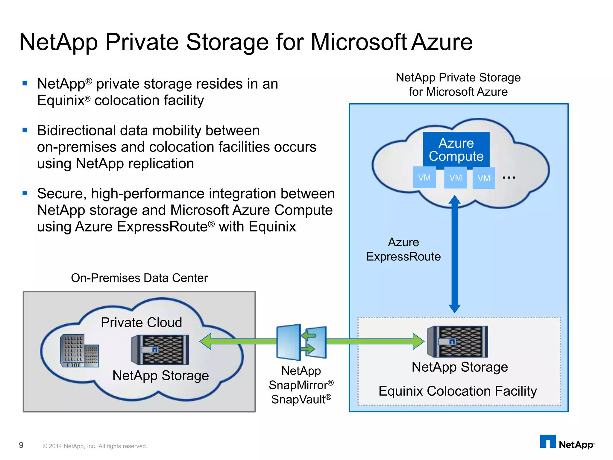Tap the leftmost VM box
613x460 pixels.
[x=424, y=178]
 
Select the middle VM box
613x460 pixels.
[x=455, y=178]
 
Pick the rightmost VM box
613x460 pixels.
[x=484, y=178]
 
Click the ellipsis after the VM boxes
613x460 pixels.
[x=509, y=178]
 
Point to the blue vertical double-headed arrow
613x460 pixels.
[x=455, y=255]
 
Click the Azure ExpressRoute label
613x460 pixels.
[x=403, y=249]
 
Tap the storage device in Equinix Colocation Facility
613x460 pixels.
[x=458, y=342]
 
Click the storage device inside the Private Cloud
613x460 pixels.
[x=160, y=349]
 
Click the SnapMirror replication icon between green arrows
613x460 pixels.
[x=301, y=342]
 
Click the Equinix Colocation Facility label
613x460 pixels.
[x=458, y=391]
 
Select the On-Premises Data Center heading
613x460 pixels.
[x=139, y=278]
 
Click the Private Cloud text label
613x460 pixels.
[x=141, y=323]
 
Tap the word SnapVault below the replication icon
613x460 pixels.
[x=298, y=400]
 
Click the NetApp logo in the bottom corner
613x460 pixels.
[x=567, y=443]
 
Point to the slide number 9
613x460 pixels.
[x=21, y=445]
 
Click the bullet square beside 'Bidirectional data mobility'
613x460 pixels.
[x=25, y=130]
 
